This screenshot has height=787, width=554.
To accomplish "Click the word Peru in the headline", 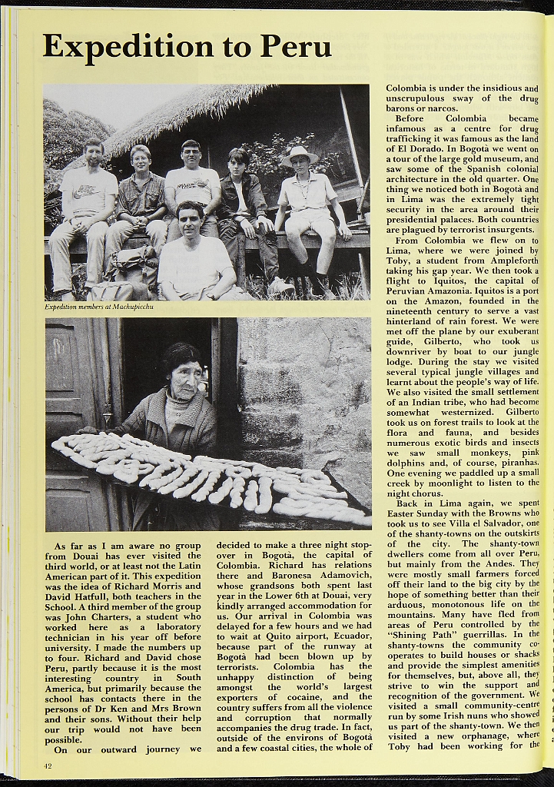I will (x=296, y=47).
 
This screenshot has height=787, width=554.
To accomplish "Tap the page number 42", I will (x=48, y=765).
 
